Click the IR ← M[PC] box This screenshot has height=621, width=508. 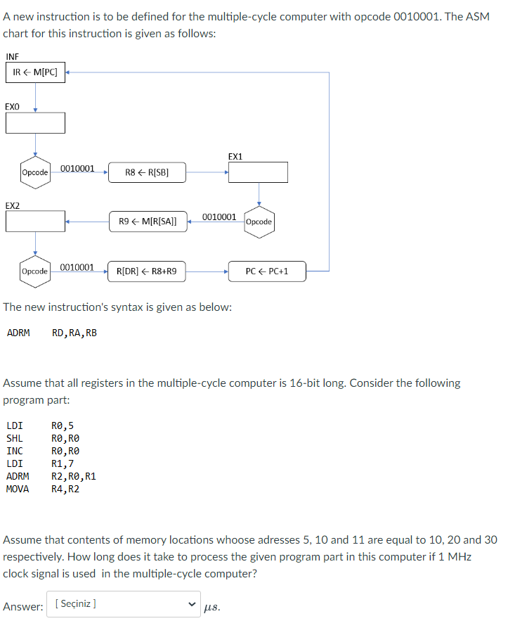[36, 72]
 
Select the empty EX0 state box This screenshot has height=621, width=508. [36, 122]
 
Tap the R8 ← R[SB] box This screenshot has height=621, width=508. [147, 172]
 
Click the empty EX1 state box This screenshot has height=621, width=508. [258, 172]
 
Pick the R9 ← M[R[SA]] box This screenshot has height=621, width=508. [148, 222]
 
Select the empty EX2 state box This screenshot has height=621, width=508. [36, 221]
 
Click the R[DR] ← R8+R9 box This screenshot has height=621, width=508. [147, 271]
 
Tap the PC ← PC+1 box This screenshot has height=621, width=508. [267, 271]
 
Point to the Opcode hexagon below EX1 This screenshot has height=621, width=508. [259, 222]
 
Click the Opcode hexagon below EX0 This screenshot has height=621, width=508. [35, 172]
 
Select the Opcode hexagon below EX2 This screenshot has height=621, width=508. [35, 271]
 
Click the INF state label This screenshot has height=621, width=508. [12, 57]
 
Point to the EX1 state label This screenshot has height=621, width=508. [235, 156]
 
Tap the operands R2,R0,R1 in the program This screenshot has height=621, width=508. [74, 476]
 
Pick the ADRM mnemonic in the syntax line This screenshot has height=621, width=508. [18, 333]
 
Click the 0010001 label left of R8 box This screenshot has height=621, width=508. [77, 169]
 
